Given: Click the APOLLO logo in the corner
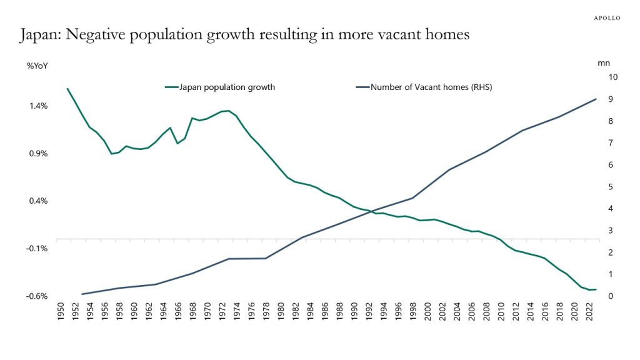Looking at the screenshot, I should click(606, 18).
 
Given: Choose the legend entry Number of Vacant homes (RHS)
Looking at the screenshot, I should click(431, 87).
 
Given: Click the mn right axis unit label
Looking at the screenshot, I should click(603, 63).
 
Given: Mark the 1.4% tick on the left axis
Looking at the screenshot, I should click(39, 106).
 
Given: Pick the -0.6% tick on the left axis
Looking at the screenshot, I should click(38, 296).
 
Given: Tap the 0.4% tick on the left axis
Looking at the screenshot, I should click(39, 201).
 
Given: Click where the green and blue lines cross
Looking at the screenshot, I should click(374, 211).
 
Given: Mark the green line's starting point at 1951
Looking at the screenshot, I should click(67, 89).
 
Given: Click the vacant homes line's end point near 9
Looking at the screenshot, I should click(596, 99).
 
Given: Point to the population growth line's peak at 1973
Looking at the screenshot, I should click(229, 111).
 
